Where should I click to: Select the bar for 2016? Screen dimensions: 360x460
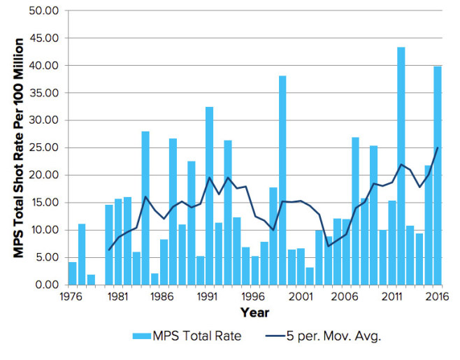[x=438, y=175]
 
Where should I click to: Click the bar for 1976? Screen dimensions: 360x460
[x=72, y=273]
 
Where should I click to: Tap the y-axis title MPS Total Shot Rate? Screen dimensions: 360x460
[x=20, y=147]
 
